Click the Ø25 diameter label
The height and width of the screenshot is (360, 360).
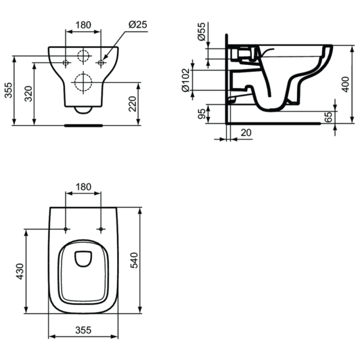[138, 25]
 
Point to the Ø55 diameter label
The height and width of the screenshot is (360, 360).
[202, 32]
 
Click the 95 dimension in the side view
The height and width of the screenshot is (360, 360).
[202, 113]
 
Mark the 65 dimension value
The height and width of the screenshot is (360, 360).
[328, 116]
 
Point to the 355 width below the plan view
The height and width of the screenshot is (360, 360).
[83, 330]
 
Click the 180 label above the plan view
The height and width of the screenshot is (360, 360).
[83, 187]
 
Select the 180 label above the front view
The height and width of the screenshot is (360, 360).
[83, 25]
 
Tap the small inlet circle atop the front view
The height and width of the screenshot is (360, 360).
[83, 57]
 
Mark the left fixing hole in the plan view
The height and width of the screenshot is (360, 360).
[65, 229]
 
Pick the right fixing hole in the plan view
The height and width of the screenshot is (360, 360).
[101, 229]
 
